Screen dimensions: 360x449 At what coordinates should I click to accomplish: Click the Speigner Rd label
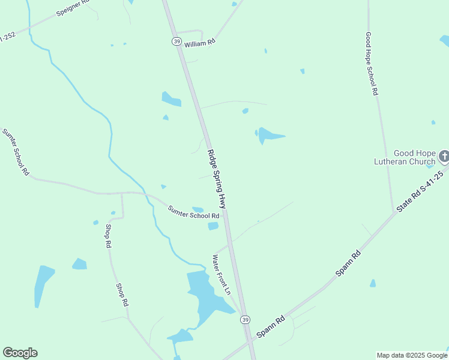(73, 7)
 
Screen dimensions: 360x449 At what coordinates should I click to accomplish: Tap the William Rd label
(199, 44)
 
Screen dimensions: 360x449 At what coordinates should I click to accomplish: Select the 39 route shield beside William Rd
(176, 41)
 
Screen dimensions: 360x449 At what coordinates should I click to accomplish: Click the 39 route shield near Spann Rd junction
(246, 320)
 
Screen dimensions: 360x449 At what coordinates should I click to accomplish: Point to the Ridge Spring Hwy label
(216, 179)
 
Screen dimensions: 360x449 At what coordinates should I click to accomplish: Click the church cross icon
(444, 157)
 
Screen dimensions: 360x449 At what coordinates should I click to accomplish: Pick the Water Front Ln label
(221, 274)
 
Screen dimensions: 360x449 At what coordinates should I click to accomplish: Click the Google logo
(20, 353)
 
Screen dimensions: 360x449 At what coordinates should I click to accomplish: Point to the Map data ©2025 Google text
(412, 355)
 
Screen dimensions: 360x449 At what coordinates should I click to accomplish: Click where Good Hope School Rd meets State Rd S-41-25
(394, 212)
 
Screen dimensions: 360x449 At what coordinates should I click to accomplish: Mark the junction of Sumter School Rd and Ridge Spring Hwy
(224, 216)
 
